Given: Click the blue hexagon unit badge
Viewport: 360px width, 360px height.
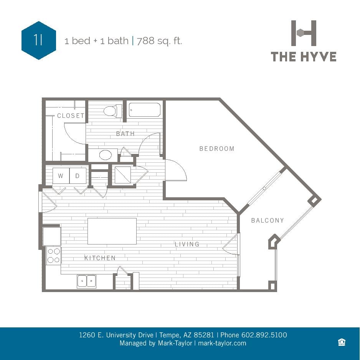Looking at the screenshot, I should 39,40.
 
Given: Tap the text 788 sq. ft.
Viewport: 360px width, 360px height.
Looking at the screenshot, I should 159,41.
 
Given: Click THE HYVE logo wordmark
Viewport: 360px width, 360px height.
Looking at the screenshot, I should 304,57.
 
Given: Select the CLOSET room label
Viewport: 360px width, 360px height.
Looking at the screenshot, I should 71,116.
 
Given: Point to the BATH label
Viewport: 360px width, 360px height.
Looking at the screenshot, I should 126,134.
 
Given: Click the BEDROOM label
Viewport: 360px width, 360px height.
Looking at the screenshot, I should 217,149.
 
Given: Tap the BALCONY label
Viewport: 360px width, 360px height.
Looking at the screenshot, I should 268,220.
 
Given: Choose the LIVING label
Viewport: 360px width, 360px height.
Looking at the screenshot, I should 187,244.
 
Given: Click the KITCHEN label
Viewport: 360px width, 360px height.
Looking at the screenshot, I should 100,258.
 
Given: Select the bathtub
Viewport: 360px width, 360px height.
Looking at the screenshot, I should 144,110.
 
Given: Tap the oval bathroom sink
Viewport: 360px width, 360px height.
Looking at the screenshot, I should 106,155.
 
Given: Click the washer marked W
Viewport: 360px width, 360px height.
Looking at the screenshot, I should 61,176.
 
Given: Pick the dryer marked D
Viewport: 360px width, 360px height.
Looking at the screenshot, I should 78,176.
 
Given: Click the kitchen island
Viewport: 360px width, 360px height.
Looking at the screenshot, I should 112,231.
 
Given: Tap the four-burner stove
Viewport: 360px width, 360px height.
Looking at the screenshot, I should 54,256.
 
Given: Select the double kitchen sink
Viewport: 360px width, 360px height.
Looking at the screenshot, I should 86,281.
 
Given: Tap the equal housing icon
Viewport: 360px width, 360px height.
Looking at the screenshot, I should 342,342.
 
